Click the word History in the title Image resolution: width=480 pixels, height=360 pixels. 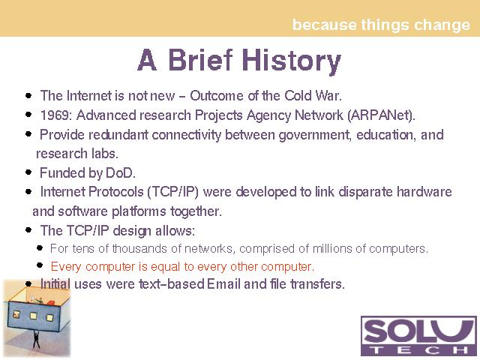click(292, 61)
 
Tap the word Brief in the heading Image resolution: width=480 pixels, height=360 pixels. click(200, 59)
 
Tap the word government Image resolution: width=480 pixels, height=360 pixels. click(315, 135)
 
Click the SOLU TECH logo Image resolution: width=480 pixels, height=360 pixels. click(418, 336)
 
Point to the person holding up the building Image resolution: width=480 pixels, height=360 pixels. click(36, 339)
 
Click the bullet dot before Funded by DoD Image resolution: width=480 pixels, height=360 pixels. click(28, 172)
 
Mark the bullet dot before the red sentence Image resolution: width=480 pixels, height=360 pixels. click(40, 265)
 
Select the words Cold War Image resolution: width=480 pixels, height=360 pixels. click(313, 96)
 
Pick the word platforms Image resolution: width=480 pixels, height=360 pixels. click(139, 211)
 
